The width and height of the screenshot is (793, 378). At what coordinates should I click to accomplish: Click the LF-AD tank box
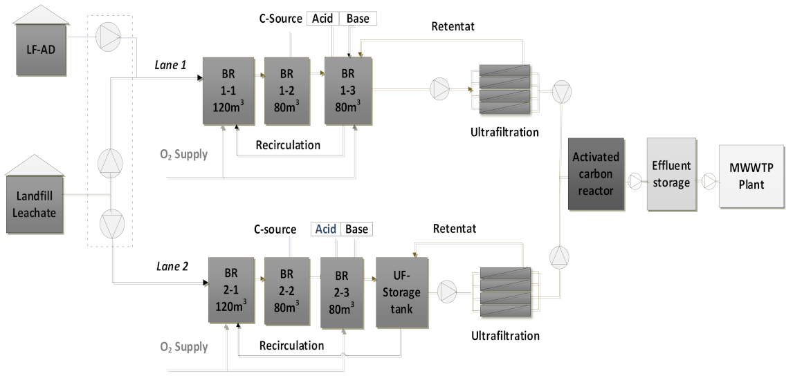(41, 52)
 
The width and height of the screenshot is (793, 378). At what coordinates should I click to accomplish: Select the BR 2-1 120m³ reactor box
(231, 290)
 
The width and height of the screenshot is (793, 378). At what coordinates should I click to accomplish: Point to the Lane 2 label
(171, 265)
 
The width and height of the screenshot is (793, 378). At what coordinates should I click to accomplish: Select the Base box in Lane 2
(357, 229)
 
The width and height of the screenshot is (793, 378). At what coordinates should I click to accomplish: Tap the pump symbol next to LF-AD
(107, 37)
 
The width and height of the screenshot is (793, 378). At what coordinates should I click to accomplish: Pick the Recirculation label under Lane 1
(288, 145)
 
